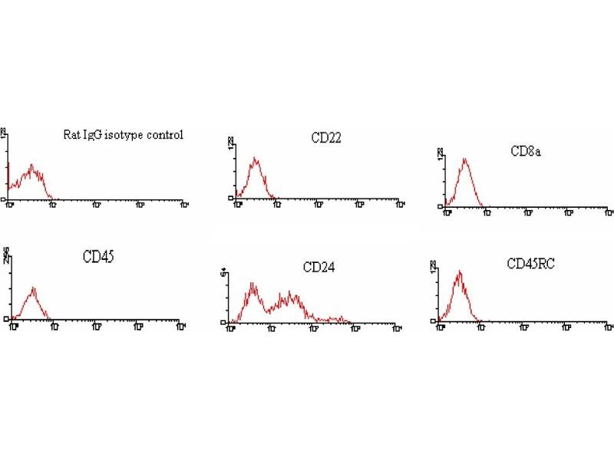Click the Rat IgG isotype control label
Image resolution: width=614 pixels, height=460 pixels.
[123, 136]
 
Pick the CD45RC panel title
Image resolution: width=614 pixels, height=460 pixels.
[531, 264]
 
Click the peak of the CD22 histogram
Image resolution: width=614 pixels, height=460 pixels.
[256, 159]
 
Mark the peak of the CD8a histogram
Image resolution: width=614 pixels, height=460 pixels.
[465, 159]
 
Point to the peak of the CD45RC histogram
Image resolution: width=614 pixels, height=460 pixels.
[459, 271]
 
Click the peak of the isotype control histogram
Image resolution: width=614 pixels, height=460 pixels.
[31, 165]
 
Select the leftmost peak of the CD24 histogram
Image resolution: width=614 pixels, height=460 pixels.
[253, 284]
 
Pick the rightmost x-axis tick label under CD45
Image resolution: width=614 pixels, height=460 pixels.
[182, 327]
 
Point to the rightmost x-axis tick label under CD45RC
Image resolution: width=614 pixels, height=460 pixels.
[609, 327]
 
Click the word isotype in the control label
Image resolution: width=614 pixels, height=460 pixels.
[130, 136]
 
